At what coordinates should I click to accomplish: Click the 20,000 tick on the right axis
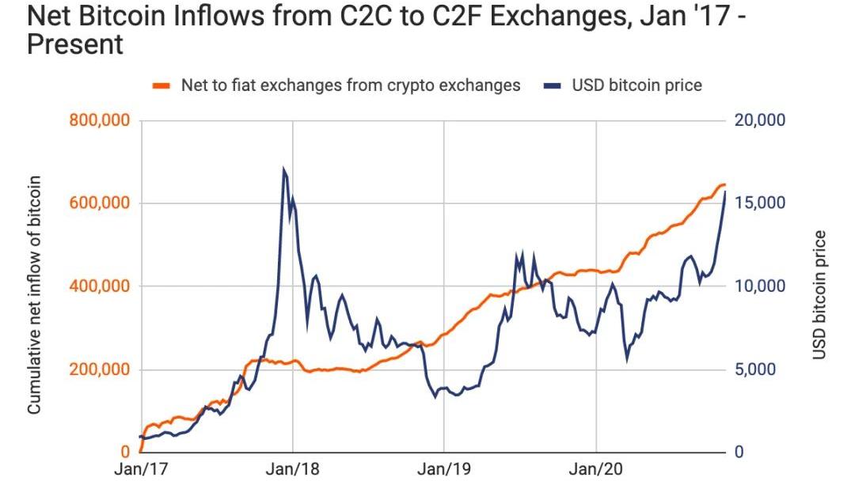[759, 121]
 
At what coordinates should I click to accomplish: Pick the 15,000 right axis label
[759, 203]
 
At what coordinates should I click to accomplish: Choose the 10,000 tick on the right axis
[759, 286]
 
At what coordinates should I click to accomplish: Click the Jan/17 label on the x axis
[141, 469]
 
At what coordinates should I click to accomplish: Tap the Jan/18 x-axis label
[293, 469]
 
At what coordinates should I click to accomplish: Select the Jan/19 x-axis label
[444, 469]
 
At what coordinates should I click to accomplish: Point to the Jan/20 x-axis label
[596, 469]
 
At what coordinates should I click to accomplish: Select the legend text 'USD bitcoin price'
[637, 85]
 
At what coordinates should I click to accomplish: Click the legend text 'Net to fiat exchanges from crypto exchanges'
[351, 85]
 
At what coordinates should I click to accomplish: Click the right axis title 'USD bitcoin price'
[820, 294]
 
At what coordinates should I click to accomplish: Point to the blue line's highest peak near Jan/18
[283, 169]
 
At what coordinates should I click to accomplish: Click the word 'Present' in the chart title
[75, 45]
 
